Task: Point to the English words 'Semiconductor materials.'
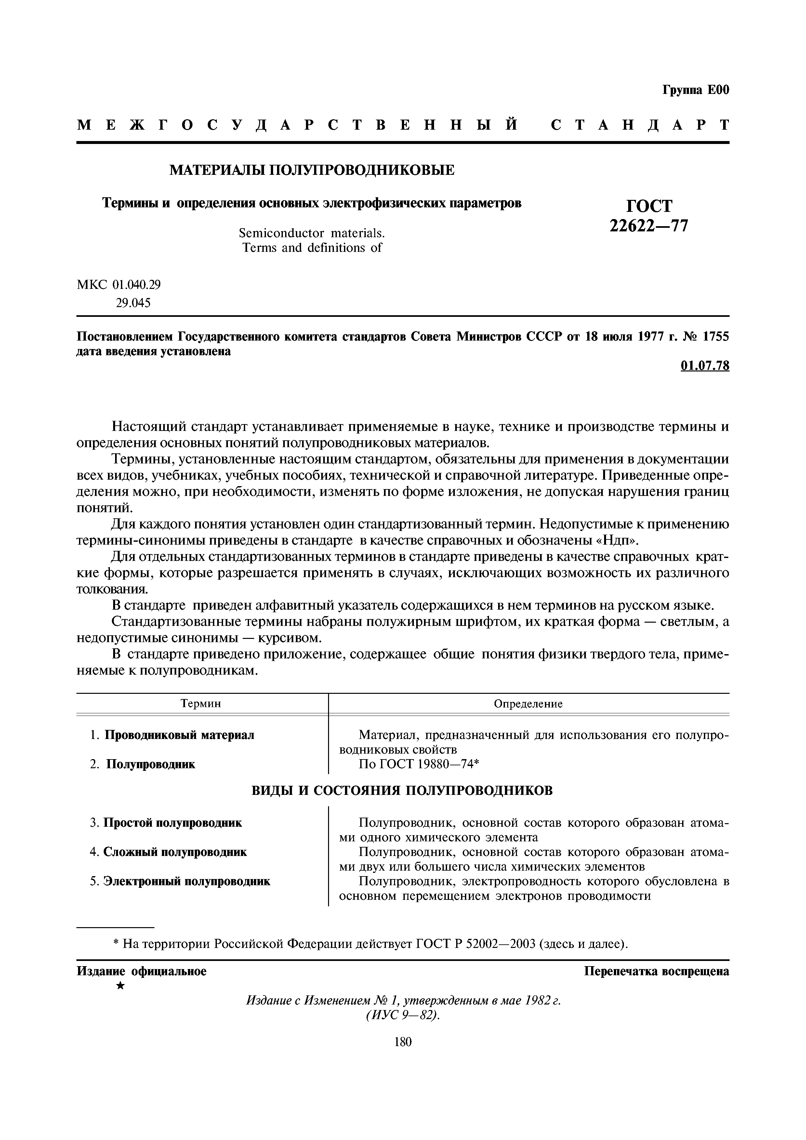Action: click(x=311, y=233)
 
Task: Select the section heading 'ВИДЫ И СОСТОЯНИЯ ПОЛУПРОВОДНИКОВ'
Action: click(x=402, y=790)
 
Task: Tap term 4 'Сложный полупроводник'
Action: click(x=175, y=852)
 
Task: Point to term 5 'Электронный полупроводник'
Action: click(x=187, y=881)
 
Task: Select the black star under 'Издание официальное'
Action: click(x=120, y=986)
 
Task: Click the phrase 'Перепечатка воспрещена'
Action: click(x=656, y=971)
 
